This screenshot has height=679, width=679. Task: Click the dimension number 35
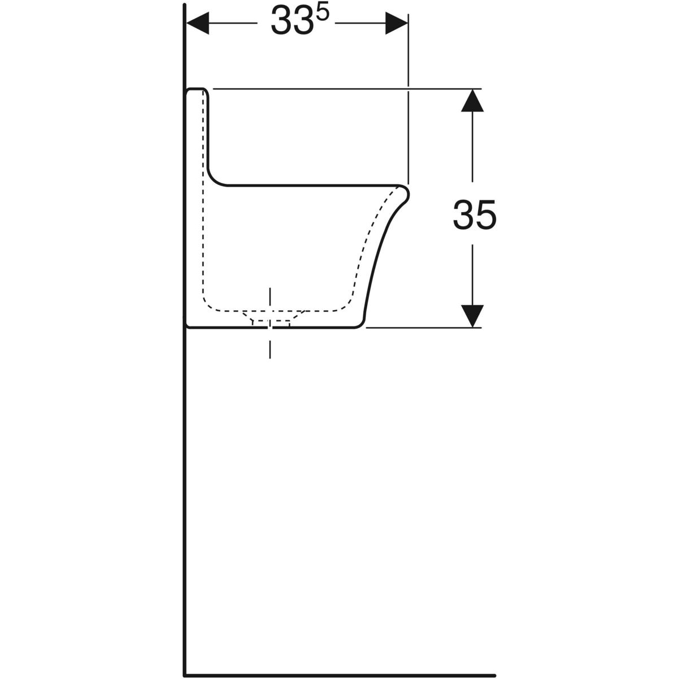click(475, 214)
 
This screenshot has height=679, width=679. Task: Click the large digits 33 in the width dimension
click(292, 20)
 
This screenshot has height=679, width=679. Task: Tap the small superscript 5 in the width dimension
click(323, 12)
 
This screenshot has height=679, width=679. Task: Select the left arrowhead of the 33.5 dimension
click(197, 23)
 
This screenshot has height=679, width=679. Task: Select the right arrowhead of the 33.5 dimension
click(397, 23)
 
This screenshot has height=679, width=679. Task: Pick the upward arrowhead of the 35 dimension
click(472, 100)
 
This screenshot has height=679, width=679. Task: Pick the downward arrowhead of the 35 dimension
click(472, 316)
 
